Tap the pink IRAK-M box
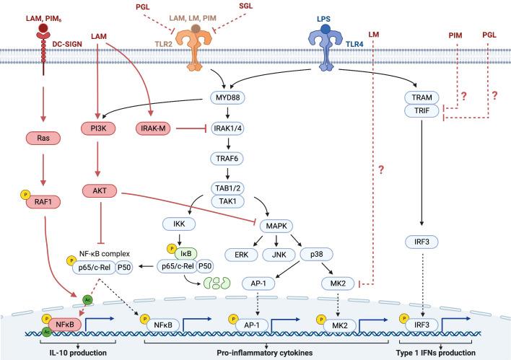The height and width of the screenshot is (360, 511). coord(154,128)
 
